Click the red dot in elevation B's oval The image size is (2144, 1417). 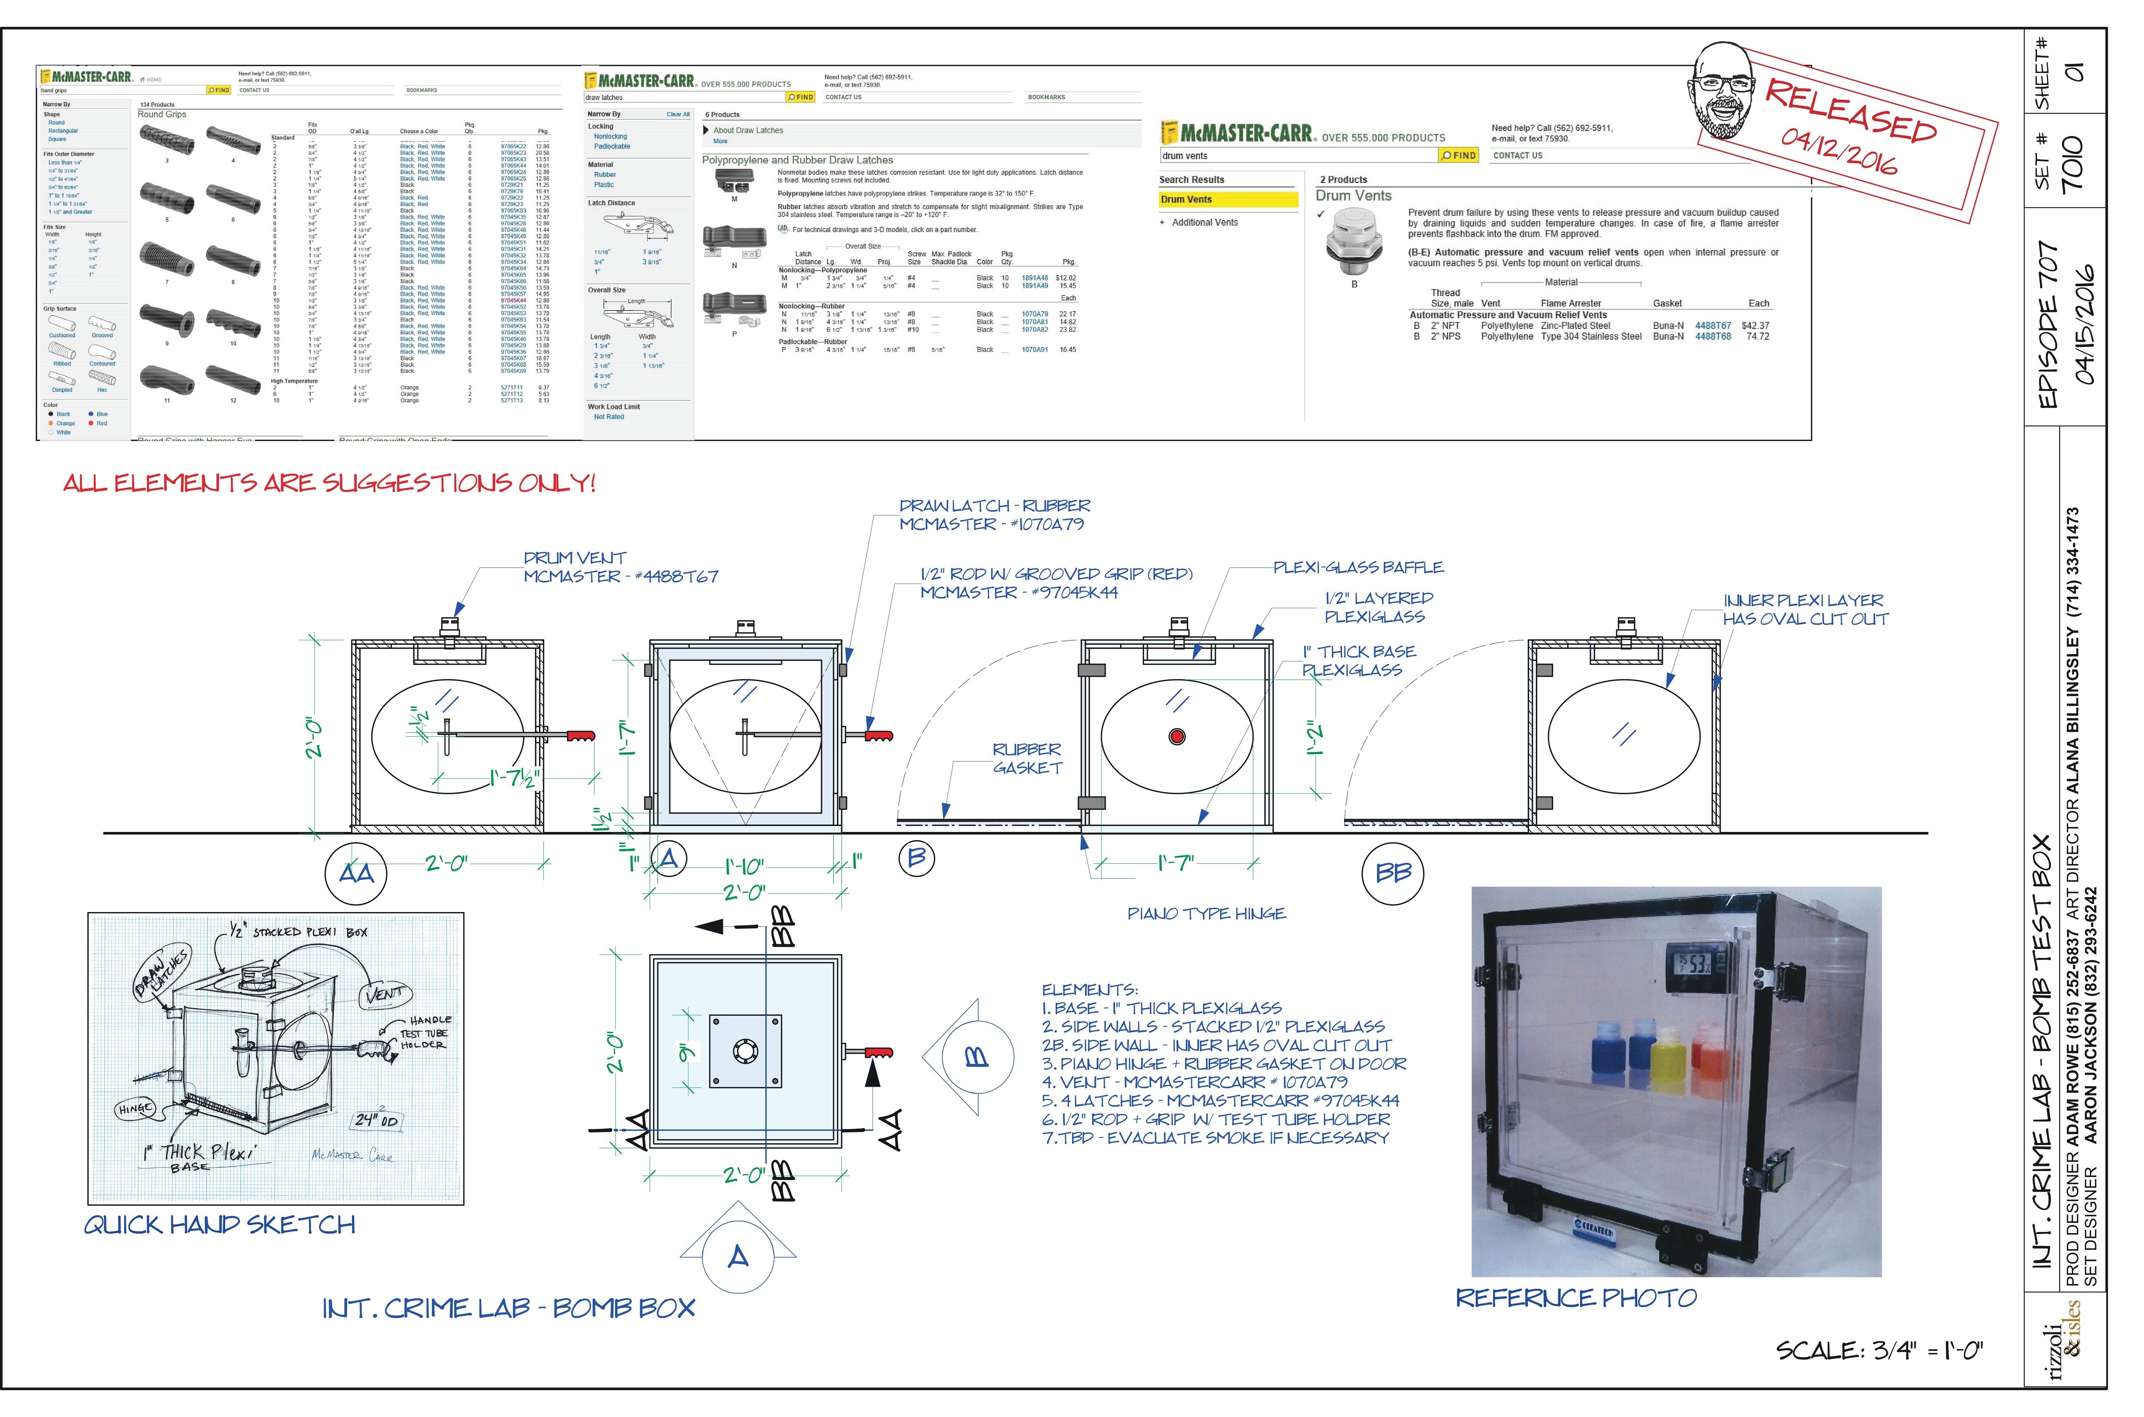click(1177, 736)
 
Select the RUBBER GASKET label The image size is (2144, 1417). click(1027, 758)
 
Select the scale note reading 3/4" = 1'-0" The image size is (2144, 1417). click(1879, 1351)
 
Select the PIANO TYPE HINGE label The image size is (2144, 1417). click(1206, 914)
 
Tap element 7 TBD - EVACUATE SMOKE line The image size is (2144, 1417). click(1215, 1138)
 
